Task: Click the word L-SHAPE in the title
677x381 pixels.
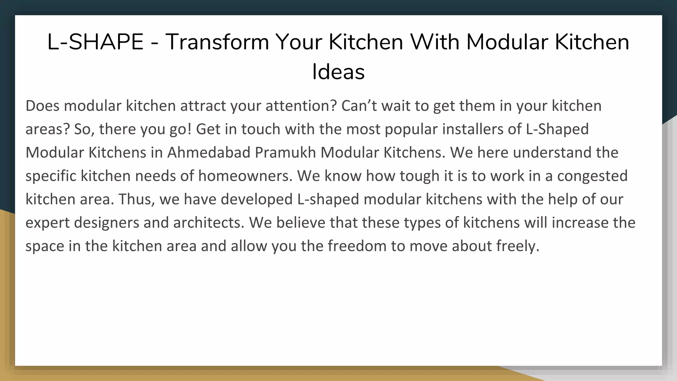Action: coord(95,42)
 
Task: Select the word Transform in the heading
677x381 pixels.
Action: coord(217,42)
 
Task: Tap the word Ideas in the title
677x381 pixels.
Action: coord(338,72)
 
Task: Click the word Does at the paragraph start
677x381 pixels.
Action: coord(42,106)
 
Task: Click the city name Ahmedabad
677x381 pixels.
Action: coord(209,152)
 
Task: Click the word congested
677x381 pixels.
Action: coord(592,176)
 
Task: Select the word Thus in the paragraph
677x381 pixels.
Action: coord(137,199)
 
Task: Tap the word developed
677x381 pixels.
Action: coord(257,199)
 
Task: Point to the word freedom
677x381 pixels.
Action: coord(357,246)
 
